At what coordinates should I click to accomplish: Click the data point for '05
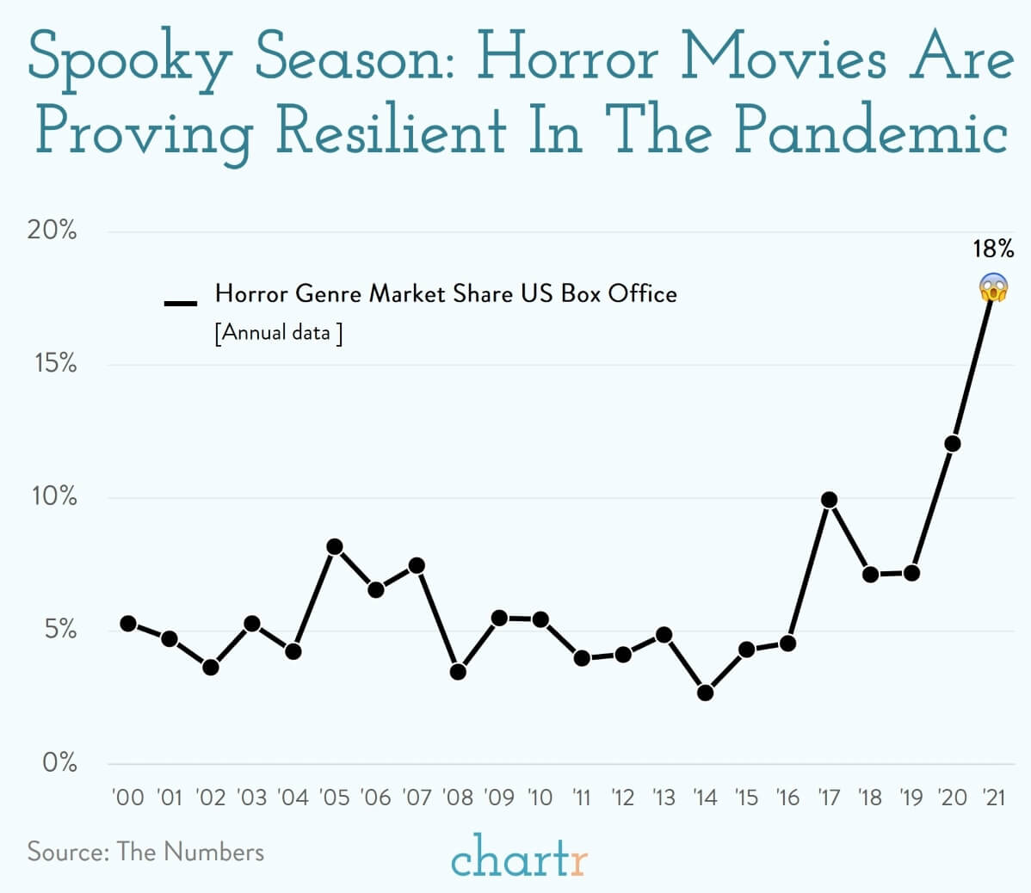pos(335,547)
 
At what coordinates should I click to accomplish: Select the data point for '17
pos(829,500)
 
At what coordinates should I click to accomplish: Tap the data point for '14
pos(706,693)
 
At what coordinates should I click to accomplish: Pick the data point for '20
pos(952,444)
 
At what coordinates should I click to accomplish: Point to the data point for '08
pos(458,671)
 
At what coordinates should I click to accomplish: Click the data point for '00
pos(128,623)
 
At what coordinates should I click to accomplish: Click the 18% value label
pos(993,249)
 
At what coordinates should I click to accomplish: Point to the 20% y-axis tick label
pos(52,231)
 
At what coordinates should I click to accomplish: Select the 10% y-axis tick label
pos(54,497)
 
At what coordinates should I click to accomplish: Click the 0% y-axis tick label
pos(59,762)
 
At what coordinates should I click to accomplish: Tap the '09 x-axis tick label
pos(499,798)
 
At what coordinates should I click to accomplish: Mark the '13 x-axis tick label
pos(664,798)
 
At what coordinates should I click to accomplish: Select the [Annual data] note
pos(278,333)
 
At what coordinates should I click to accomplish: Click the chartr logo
pos(518,855)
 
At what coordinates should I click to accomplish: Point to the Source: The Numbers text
pos(145,852)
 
